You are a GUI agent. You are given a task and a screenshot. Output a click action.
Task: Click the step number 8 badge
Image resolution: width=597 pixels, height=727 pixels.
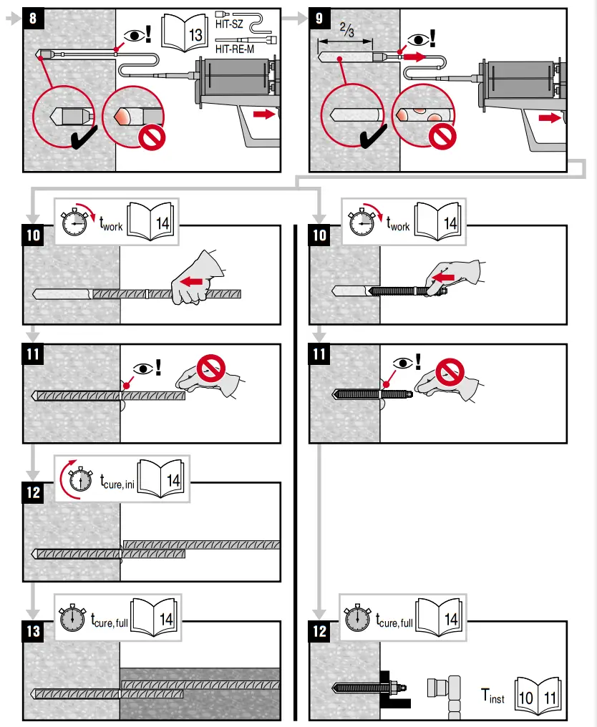click(34, 19)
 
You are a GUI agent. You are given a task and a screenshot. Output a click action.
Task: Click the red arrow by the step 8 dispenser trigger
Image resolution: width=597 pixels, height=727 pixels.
click(263, 114)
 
